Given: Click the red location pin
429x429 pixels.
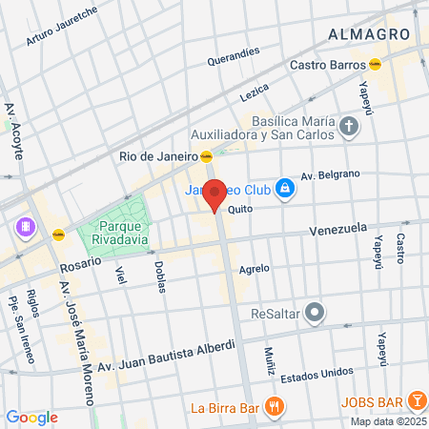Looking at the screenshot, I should click(x=215, y=194).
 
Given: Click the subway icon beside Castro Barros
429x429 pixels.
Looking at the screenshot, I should click(x=377, y=65).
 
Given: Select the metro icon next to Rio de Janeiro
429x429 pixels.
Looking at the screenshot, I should click(x=206, y=156).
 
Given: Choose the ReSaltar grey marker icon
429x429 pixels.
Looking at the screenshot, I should click(x=317, y=312).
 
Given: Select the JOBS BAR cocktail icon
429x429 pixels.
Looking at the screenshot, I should click(x=417, y=399).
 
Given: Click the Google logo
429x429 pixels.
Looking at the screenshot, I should click(x=31, y=418).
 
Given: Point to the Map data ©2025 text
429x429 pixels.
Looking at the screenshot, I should click(x=387, y=421).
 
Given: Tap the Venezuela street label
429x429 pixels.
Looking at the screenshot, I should click(x=338, y=230).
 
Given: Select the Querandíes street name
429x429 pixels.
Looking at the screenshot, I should click(x=234, y=57).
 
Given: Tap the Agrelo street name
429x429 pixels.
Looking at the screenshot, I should click(x=255, y=269).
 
